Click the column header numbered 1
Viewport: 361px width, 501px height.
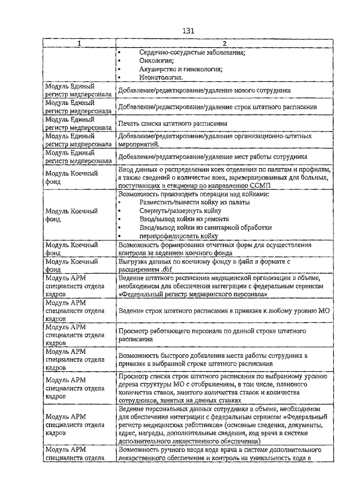click(79, 43)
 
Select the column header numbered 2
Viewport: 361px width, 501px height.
click(224, 43)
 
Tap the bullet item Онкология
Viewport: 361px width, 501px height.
click(157, 61)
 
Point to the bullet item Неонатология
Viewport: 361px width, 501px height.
click(161, 77)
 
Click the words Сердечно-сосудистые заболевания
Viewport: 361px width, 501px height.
click(192, 53)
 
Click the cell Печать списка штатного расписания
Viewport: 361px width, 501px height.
click(173, 123)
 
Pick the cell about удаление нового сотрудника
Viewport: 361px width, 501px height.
click(204, 90)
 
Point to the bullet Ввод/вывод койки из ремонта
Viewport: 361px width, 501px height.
click(184, 218)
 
